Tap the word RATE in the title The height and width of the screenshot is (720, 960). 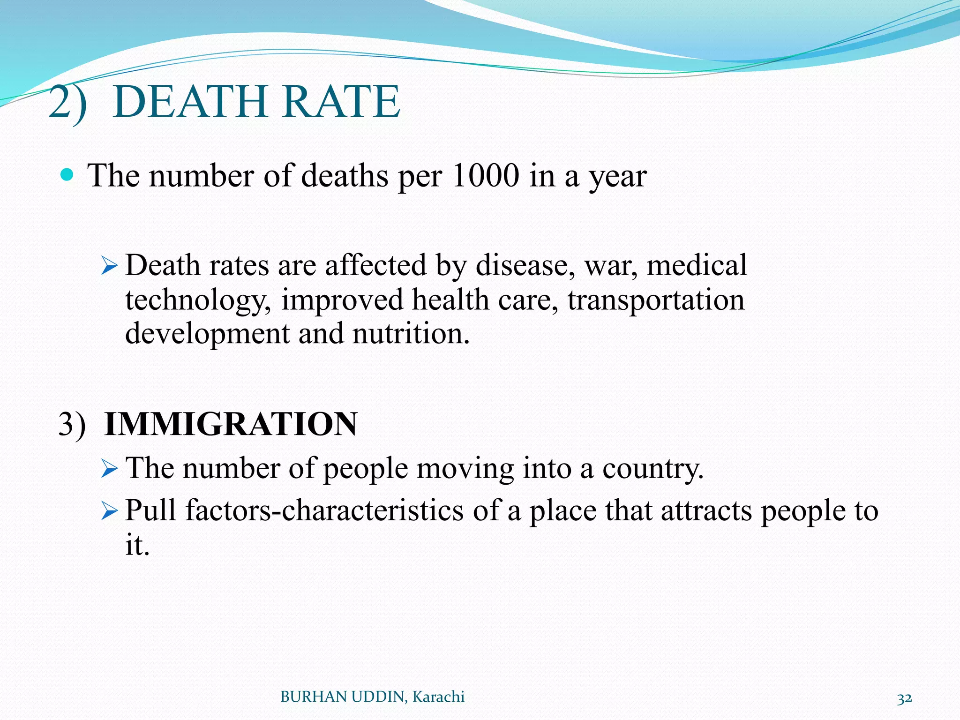point(341,102)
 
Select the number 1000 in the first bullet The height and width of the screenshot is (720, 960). point(486,176)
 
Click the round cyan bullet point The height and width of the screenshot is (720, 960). point(67,175)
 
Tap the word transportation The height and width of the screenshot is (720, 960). point(656,300)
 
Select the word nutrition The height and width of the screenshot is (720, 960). point(411,334)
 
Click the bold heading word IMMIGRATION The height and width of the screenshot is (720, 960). point(231,424)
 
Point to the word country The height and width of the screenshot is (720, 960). point(653,469)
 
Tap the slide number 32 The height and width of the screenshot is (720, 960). point(904,698)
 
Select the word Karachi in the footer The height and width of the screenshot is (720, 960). point(438,697)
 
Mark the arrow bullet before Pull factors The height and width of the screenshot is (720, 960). point(109,511)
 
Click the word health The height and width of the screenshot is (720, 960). point(450,300)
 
